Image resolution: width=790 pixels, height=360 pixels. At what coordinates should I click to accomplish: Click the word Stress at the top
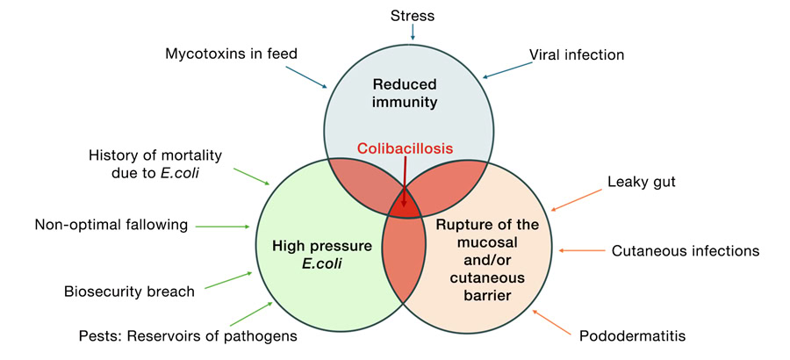click(411, 14)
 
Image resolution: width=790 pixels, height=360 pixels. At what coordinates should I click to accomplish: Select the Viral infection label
click(576, 54)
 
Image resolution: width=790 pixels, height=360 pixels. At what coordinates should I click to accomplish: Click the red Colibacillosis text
click(405, 149)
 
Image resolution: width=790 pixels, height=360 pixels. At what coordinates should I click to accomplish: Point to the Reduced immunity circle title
click(405, 93)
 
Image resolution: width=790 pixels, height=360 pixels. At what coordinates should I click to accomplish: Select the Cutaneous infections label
click(685, 251)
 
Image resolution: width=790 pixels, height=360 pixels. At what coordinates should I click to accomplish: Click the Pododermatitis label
click(630, 335)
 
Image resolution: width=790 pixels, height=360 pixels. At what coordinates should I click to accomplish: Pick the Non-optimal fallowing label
click(111, 225)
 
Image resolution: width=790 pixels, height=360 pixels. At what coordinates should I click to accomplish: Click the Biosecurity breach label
click(129, 291)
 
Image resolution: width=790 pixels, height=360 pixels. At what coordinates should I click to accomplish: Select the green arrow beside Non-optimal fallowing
click(223, 226)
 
